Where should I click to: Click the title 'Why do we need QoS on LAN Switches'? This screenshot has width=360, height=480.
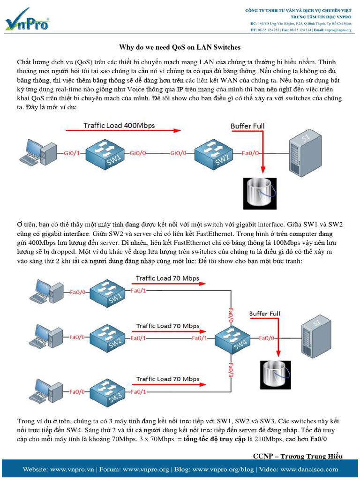180,47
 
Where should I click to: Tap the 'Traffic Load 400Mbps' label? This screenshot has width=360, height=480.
119,125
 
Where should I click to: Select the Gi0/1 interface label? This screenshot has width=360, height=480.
72,153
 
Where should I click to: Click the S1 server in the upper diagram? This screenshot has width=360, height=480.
305,149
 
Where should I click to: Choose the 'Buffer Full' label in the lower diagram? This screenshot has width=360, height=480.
264,314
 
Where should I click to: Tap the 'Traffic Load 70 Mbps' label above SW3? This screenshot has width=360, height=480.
167,379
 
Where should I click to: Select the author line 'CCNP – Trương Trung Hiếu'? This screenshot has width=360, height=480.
297,456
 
